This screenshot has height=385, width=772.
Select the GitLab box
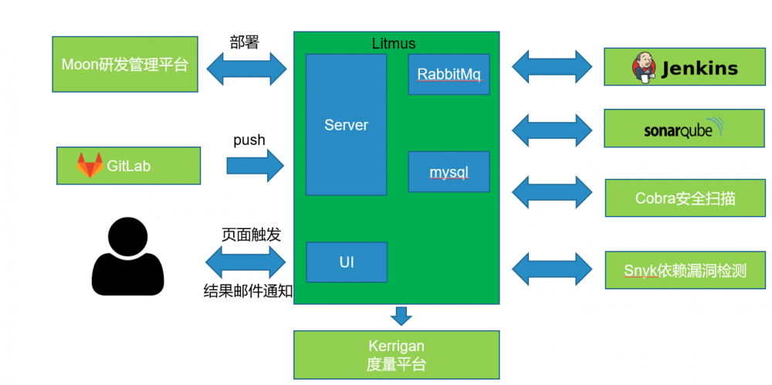[128, 165]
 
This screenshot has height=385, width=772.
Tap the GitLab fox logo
[90, 165]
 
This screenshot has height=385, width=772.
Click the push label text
[249, 140]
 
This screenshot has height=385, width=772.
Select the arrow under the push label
[256, 166]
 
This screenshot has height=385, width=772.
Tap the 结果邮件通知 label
[247, 291]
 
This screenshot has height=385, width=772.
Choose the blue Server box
[346, 124]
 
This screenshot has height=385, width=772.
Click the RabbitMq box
[449, 74]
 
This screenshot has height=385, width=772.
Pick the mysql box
[449, 171]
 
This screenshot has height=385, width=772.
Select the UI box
[347, 262]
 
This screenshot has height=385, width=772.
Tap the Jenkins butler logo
[644, 67]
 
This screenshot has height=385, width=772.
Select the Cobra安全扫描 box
[686, 198]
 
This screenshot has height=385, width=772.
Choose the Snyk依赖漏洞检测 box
[686, 270]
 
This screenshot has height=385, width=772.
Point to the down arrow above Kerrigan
[400, 316]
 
